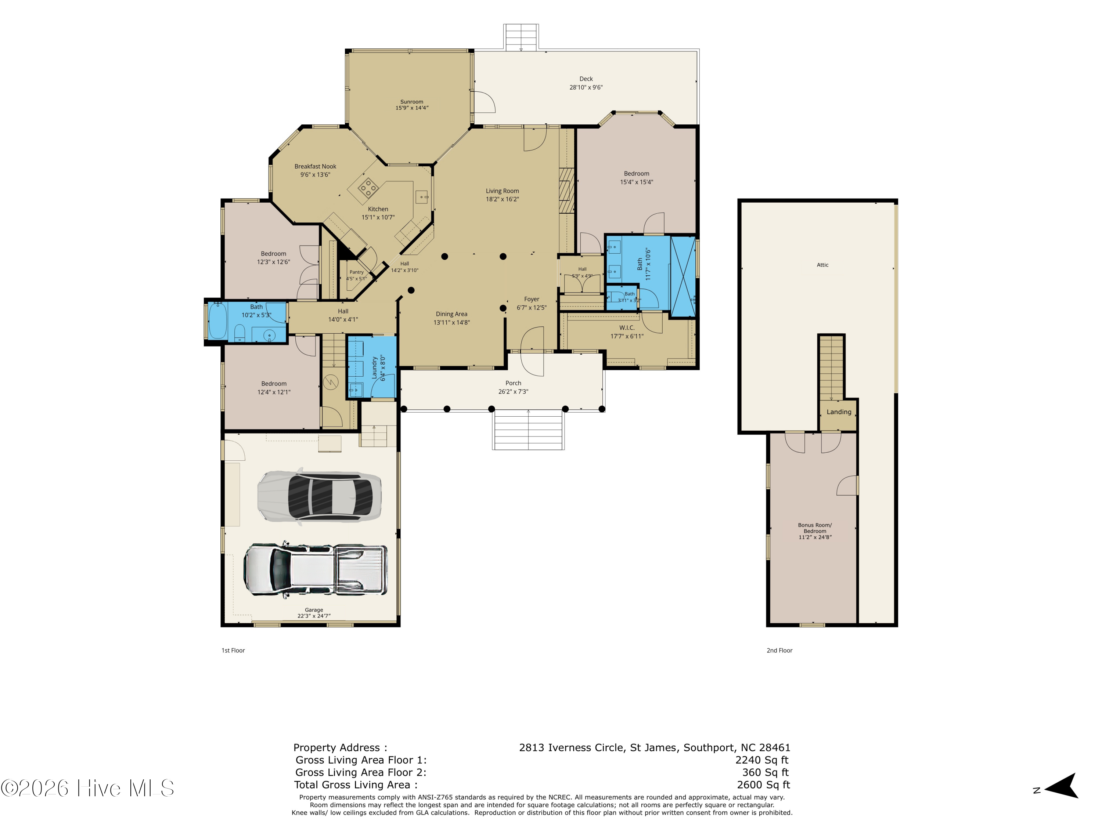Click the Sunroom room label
pyautogui.click(x=411, y=102)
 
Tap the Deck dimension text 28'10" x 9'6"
pyautogui.click(x=586, y=87)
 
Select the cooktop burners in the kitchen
pyautogui.click(x=368, y=188)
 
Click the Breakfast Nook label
pyautogui.click(x=315, y=166)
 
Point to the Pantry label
pyautogui.click(x=356, y=272)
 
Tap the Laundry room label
pyautogui.click(x=374, y=368)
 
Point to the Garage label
pyautogui.click(x=314, y=610)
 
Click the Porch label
pyautogui.click(x=513, y=383)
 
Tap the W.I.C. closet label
pyautogui.click(x=627, y=327)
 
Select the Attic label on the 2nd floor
pyautogui.click(x=822, y=265)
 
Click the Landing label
pyautogui.click(x=839, y=412)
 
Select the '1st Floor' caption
pyautogui.click(x=233, y=650)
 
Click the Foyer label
pyautogui.click(x=532, y=299)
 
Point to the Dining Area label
pyautogui.click(x=451, y=314)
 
